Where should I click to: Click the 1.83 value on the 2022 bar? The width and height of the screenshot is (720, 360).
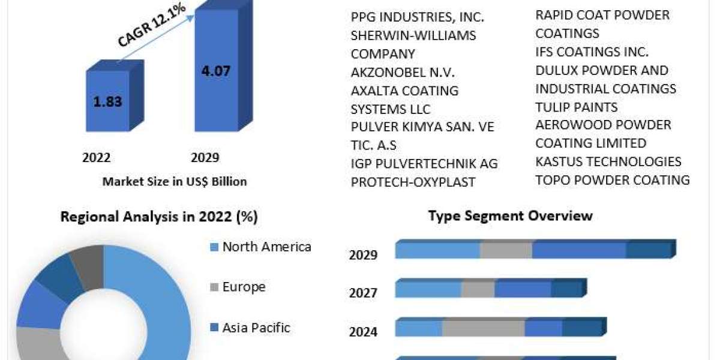pos(107,101)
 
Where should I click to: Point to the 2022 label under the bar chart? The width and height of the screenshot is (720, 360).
pos(97,158)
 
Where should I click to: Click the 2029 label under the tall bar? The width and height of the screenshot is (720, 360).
pos(205,158)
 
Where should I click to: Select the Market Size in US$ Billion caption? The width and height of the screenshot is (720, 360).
pos(175,181)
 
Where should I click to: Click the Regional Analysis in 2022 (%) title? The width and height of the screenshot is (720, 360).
pos(159,217)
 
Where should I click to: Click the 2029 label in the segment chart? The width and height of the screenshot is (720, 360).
pos(363,255)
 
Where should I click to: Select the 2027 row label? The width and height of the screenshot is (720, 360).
pos(363,293)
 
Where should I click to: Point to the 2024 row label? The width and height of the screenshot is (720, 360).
pos(363,331)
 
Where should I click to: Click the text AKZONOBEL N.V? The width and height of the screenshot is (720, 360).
pos(403,72)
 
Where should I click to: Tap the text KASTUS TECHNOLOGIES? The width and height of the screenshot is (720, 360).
pos(608,161)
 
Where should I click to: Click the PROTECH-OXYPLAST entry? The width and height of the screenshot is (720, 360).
pos(413,182)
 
